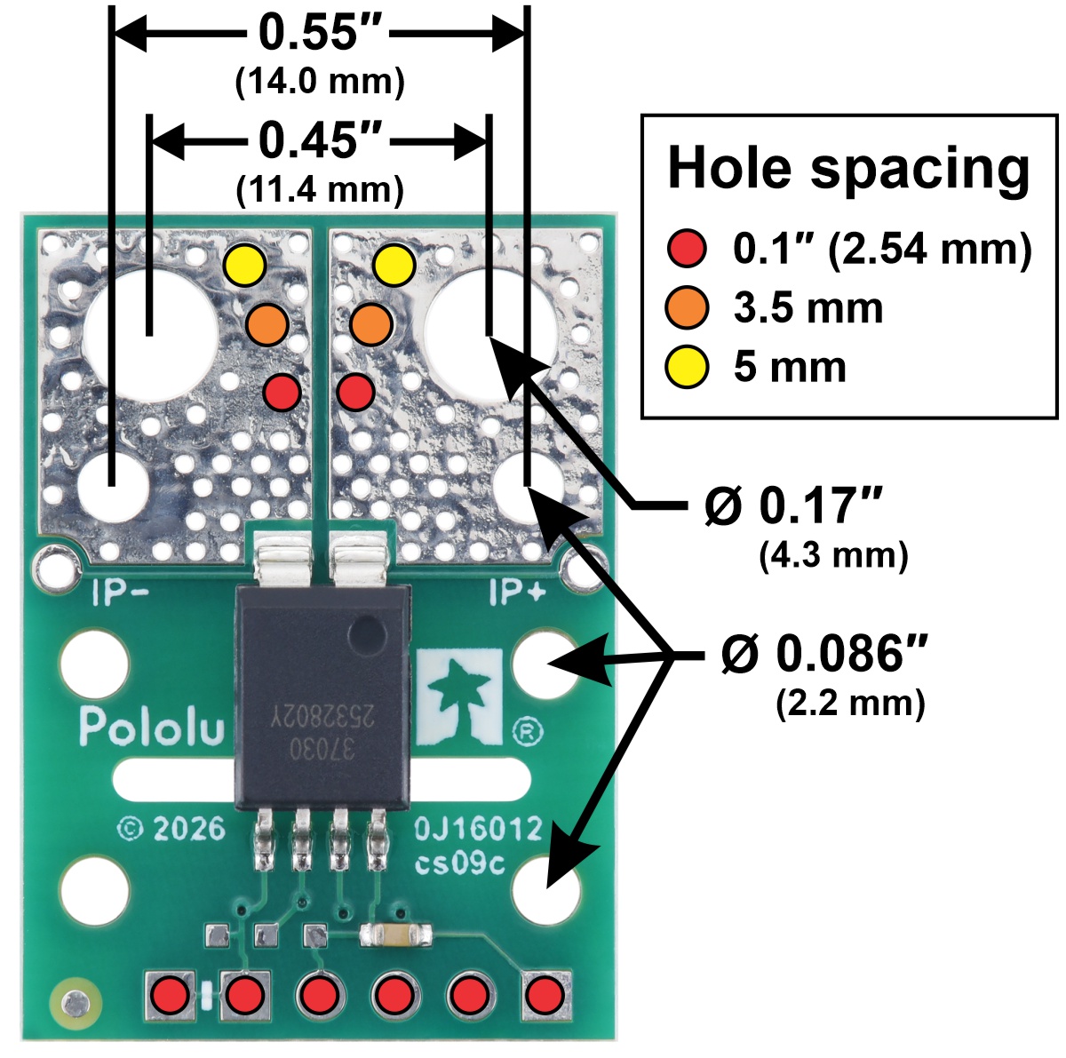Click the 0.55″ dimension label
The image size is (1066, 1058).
coord(321,33)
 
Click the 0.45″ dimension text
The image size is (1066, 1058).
coord(321,140)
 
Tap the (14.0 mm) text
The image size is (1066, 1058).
coord(321,82)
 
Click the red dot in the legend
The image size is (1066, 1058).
coord(687,249)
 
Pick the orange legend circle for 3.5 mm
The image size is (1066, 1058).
coord(687,308)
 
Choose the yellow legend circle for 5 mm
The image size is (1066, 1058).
coord(687,367)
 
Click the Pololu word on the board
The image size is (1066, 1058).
coord(151,727)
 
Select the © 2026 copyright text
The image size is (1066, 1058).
coord(171,829)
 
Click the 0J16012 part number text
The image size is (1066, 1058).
coord(478,829)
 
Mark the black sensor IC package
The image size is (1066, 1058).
coord(322,697)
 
